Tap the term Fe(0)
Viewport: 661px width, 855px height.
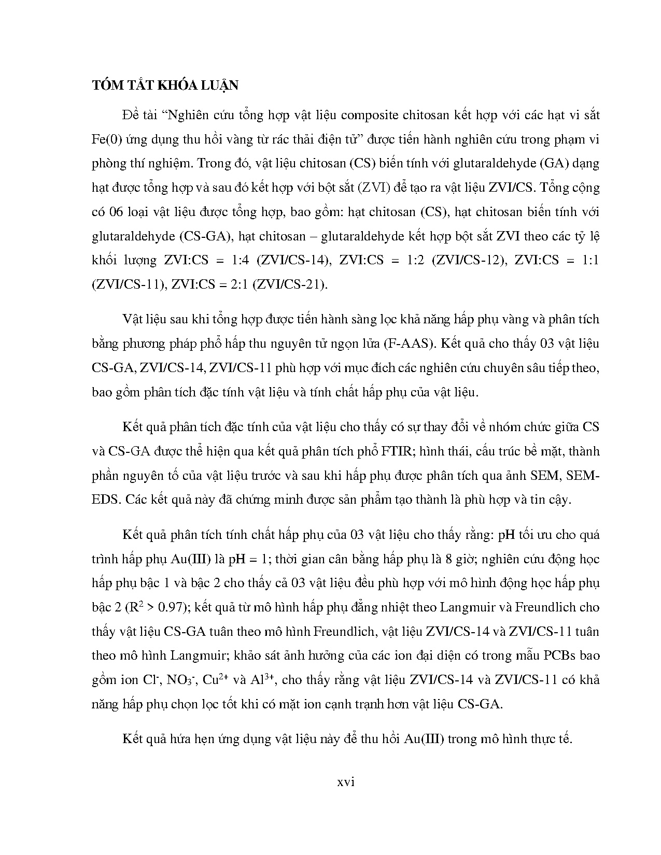point(107,139)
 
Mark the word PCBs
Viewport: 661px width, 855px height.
point(559,655)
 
